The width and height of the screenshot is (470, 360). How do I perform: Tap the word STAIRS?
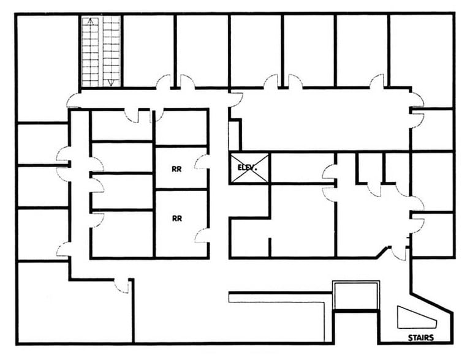click(x=421, y=337)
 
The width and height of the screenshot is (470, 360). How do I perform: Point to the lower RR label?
click(x=176, y=217)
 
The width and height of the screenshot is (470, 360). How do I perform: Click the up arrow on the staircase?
click(x=91, y=22)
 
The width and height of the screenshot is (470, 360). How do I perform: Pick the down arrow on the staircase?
click(x=111, y=81)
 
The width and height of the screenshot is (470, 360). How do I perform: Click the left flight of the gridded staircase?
click(x=91, y=52)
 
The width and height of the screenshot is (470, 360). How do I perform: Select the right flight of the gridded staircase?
click(x=111, y=52)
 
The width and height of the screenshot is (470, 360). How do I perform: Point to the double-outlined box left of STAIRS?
click(x=356, y=296)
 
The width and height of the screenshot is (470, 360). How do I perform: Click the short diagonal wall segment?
click(x=384, y=252)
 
